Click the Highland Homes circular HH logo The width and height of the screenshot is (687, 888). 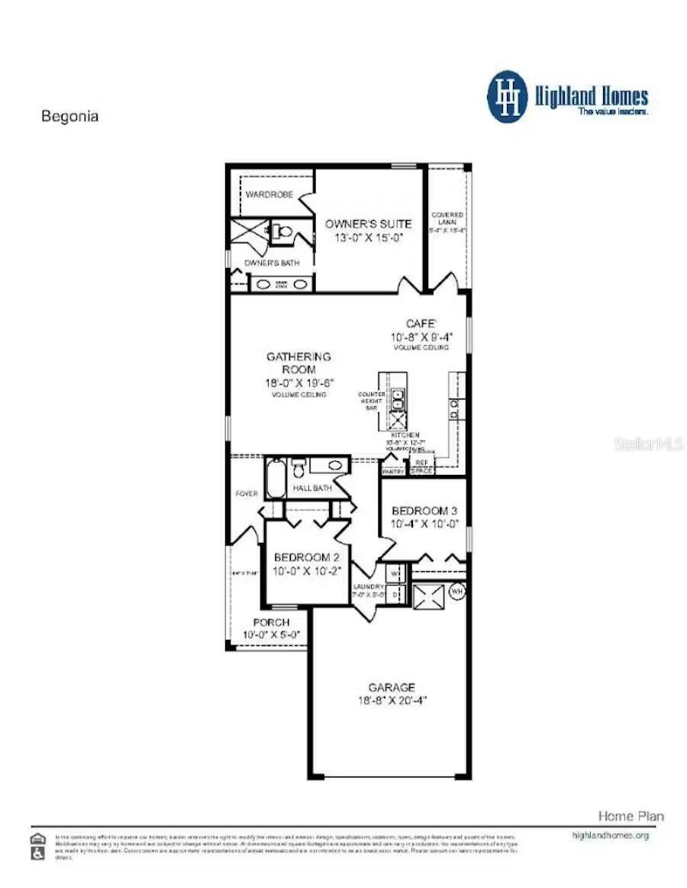point(508,97)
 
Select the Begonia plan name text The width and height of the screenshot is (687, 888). point(69,117)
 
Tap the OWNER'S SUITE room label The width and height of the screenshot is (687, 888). point(368,224)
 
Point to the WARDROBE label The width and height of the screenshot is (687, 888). point(269,195)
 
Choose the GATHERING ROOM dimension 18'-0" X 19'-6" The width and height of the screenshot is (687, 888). point(298,383)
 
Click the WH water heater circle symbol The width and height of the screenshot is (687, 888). point(457,591)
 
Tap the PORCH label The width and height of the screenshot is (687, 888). point(271,622)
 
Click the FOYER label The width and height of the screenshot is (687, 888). point(247,494)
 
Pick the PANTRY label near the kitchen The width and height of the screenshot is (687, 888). point(393,472)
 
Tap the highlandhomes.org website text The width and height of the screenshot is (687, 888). point(610,835)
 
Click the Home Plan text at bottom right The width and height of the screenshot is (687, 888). point(631,816)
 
